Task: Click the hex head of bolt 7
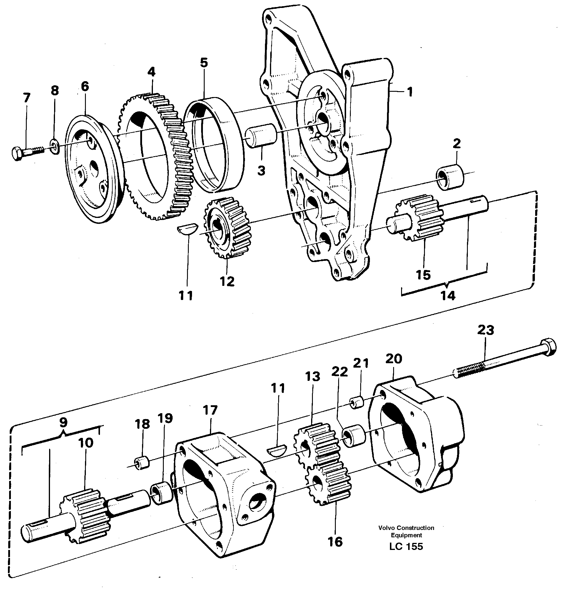click(x=17, y=153)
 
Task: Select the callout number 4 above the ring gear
click(x=151, y=72)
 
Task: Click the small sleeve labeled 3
click(x=261, y=135)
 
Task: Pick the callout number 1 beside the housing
click(x=409, y=92)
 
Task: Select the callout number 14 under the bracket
click(x=448, y=296)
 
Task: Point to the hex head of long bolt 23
click(x=548, y=348)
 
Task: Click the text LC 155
click(x=406, y=546)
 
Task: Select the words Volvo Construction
click(x=406, y=528)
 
